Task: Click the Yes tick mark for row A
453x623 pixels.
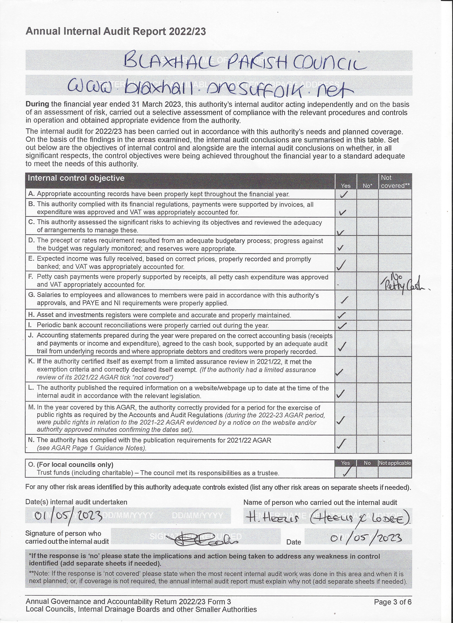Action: pos(344,194)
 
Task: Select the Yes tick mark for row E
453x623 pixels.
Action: pos(341,265)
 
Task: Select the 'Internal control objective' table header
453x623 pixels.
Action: pos(76,178)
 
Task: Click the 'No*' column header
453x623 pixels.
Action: pos(367,186)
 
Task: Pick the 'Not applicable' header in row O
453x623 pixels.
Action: pos(395,463)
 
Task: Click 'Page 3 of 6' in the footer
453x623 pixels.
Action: pos(393,602)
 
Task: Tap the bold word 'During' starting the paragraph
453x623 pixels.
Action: pos(37,104)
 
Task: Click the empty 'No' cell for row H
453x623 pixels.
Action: pos(367,315)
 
